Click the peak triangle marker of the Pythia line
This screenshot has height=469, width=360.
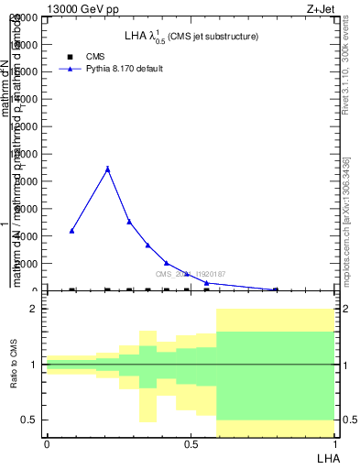(x=108, y=169)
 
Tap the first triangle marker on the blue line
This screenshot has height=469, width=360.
(x=72, y=231)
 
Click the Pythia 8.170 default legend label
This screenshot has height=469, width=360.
(x=125, y=69)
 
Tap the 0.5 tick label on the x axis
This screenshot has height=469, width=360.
(x=191, y=444)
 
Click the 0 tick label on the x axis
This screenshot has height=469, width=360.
(x=47, y=444)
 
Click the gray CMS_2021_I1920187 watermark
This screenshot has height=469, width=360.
(x=189, y=274)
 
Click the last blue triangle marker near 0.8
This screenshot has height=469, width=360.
(x=276, y=289)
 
